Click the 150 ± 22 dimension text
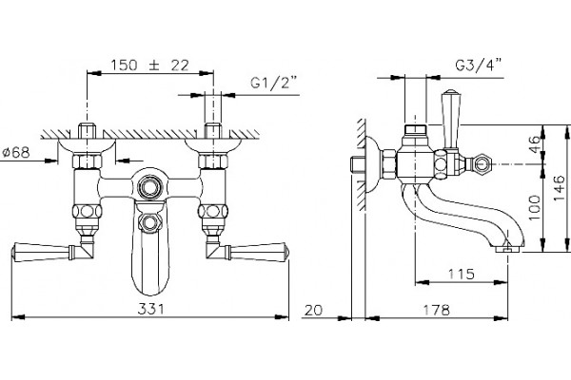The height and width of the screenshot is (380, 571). (149, 66)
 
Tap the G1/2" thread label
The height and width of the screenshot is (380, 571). (274, 83)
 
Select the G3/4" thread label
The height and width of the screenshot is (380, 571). (478, 66)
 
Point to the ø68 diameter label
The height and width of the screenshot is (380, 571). (16, 152)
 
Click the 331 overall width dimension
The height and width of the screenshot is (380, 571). (150, 309)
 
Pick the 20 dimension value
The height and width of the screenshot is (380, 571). (313, 311)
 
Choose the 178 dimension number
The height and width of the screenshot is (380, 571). (436, 311)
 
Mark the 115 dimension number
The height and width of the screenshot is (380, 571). (461, 274)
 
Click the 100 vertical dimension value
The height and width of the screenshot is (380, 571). (534, 208)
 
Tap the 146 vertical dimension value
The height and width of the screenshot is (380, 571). (559, 188)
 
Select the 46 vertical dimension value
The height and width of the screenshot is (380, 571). (534, 144)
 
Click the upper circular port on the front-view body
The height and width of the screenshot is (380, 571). (149, 187)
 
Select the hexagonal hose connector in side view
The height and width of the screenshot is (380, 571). (481, 164)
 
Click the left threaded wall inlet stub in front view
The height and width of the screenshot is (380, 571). (87, 130)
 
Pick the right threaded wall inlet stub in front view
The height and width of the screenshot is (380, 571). (213, 130)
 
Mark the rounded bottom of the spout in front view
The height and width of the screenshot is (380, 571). (149, 284)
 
